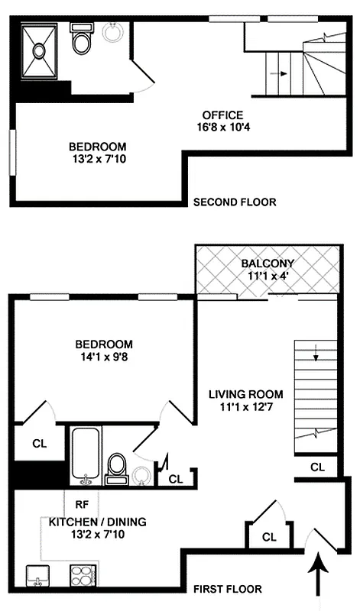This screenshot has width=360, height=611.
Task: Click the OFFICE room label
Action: pyautogui.click(x=222, y=115)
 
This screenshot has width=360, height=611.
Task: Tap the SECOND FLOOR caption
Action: pyautogui.click(x=234, y=202)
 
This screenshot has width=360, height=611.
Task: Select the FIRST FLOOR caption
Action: pyautogui.click(x=227, y=589)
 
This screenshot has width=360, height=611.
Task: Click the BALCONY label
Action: pyautogui.click(x=268, y=263)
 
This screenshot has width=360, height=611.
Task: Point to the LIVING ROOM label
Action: pyautogui.click(x=246, y=394)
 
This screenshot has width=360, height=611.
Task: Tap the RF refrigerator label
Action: pyautogui.click(x=82, y=504)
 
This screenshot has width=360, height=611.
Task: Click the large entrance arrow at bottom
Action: pyautogui.click(x=317, y=577)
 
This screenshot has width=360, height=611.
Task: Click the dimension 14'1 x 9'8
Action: pyautogui.click(x=103, y=356)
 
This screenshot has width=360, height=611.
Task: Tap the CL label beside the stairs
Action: pyautogui.click(x=318, y=467)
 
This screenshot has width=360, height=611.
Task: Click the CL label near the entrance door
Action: pyautogui.click(x=268, y=537)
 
